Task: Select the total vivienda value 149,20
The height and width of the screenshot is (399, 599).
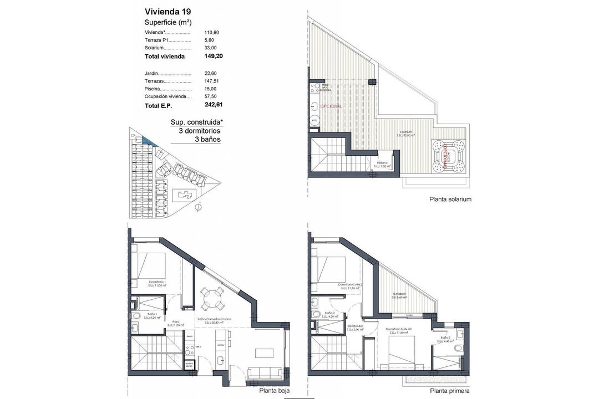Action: click(x=214, y=56)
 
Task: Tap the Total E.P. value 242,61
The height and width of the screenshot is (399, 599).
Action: click(x=214, y=105)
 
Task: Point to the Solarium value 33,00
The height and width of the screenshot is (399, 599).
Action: click(x=211, y=48)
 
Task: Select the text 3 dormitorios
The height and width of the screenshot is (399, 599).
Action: click(x=199, y=131)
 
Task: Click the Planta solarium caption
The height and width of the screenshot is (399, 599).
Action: click(x=449, y=199)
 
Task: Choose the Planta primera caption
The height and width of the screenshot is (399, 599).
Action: click(x=450, y=390)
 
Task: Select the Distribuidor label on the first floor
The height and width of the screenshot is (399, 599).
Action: click(x=354, y=327)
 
